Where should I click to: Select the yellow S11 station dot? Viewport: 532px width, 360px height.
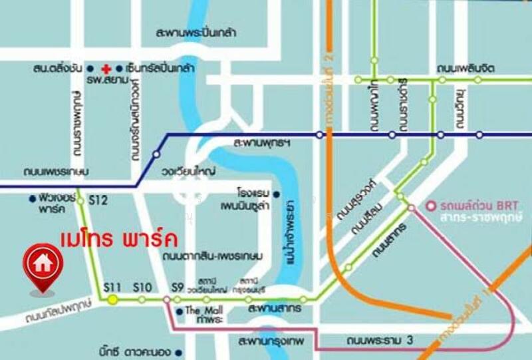click(112, 300)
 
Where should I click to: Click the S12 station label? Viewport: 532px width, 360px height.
click(98, 200)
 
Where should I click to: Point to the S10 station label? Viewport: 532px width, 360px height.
click(142, 287)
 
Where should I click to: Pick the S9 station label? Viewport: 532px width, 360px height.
click(177, 287)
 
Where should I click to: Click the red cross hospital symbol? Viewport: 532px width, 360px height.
click(105, 68)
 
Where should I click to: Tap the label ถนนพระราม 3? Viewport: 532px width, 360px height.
click(380, 341)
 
